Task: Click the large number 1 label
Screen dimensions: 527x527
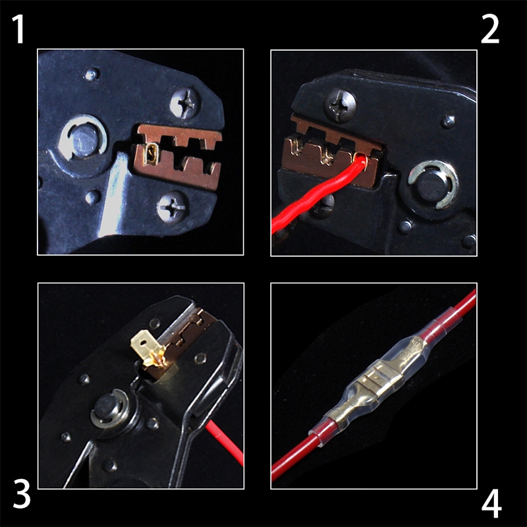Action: pyautogui.click(x=19, y=29)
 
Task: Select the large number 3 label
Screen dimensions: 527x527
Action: pyautogui.click(x=22, y=493)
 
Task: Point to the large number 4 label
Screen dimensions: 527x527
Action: pyautogui.click(x=491, y=504)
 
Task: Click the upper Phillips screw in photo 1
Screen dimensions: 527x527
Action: pyautogui.click(x=185, y=102)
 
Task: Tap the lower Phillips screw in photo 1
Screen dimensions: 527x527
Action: pyautogui.click(x=173, y=206)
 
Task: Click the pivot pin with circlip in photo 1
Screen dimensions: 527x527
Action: pyautogui.click(x=82, y=138)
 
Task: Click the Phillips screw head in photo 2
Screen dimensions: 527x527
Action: pyautogui.click(x=339, y=105)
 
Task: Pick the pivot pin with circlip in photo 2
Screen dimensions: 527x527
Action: pyautogui.click(x=433, y=184)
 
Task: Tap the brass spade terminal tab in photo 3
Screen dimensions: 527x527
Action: pyautogui.click(x=146, y=348)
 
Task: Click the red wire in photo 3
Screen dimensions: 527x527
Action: pyautogui.click(x=225, y=442)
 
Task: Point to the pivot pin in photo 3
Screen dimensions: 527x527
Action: pyautogui.click(x=108, y=408)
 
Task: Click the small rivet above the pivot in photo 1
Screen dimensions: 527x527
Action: pyautogui.click(x=92, y=74)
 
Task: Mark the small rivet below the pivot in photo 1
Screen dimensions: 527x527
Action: pyautogui.click(x=92, y=197)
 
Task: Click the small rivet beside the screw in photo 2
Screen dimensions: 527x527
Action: pyautogui.click(x=448, y=121)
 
